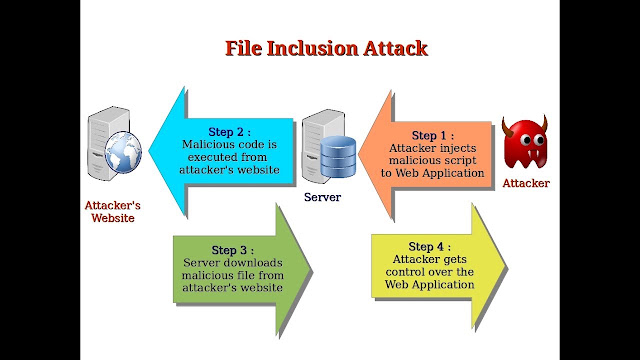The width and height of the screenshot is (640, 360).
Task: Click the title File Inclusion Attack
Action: pos(326,48)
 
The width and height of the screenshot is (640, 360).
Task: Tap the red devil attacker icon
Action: pos(525,142)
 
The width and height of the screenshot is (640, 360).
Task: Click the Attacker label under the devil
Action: pos(526,183)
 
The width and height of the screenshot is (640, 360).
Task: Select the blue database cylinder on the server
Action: pos(338,157)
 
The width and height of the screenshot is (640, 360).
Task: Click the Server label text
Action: pos(322,197)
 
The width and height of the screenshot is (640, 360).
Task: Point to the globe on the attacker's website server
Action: pos(123,152)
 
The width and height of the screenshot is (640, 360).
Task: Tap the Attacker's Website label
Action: pos(113,211)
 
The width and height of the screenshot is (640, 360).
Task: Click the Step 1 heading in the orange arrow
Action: pos(433,136)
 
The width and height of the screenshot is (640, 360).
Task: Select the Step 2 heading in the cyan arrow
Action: pos(229,132)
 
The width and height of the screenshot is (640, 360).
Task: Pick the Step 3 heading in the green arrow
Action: pos(233,250)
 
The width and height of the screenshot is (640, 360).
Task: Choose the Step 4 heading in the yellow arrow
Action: pos(430,247)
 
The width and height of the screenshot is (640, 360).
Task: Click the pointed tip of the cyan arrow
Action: pos(149,151)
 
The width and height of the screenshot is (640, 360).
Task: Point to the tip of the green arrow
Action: pos(312,269)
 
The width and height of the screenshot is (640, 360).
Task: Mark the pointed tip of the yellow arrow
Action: pos(507,267)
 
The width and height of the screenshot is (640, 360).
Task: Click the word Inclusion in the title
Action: pos(312,48)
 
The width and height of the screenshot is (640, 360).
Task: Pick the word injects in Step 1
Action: pos(458,148)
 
